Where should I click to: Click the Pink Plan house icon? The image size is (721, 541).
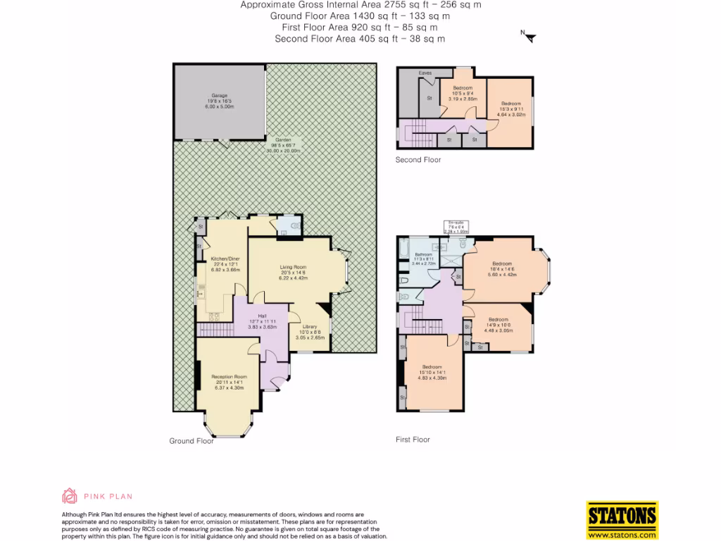(70, 496)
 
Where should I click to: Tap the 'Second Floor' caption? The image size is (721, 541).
(418, 160)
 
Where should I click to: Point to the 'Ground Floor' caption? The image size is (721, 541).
(191, 441)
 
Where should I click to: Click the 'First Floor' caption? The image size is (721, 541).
(413, 440)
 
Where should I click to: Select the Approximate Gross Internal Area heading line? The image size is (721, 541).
(360, 4)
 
